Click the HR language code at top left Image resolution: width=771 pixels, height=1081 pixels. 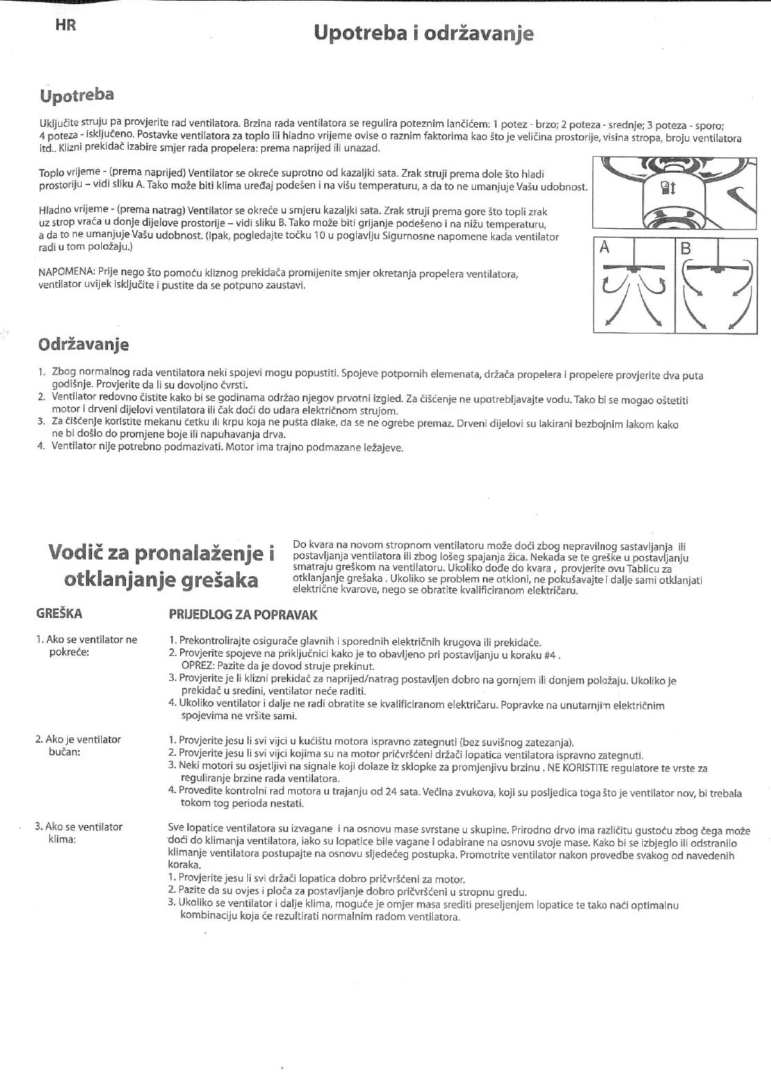pyautogui.click(x=65, y=26)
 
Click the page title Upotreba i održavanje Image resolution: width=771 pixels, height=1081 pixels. pyautogui.click(x=423, y=33)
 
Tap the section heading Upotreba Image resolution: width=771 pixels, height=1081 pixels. pyautogui.click(x=76, y=94)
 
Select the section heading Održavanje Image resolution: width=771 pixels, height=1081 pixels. pyautogui.click(x=83, y=344)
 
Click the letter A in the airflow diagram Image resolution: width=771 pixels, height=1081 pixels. pyautogui.click(x=605, y=247)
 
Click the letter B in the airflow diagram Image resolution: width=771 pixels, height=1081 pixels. pyautogui.click(x=686, y=248)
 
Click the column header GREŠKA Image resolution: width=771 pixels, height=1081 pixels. pyautogui.click(x=59, y=614)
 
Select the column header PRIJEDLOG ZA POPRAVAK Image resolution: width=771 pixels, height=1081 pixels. pyautogui.click(x=243, y=614)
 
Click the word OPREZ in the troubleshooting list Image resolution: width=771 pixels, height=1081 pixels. pyautogui.click(x=197, y=666)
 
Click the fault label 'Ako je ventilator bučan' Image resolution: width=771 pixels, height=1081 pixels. pyautogui.click(x=78, y=745)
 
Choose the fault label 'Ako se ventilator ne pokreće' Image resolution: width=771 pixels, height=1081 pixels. pyautogui.click(x=87, y=646)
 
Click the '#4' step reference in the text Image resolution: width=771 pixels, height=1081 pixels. pyautogui.click(x=551, y=654)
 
